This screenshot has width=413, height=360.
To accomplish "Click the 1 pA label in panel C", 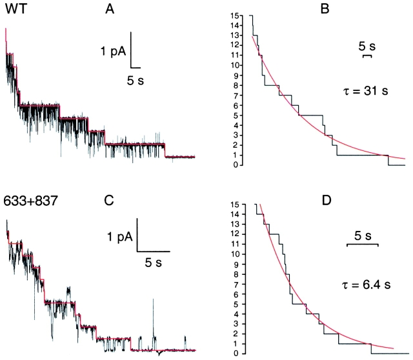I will click(x=120, y=237).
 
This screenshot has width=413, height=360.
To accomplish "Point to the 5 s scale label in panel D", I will click(x=362, y=234).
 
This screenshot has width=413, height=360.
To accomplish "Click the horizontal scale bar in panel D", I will click(x=362, y=245).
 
